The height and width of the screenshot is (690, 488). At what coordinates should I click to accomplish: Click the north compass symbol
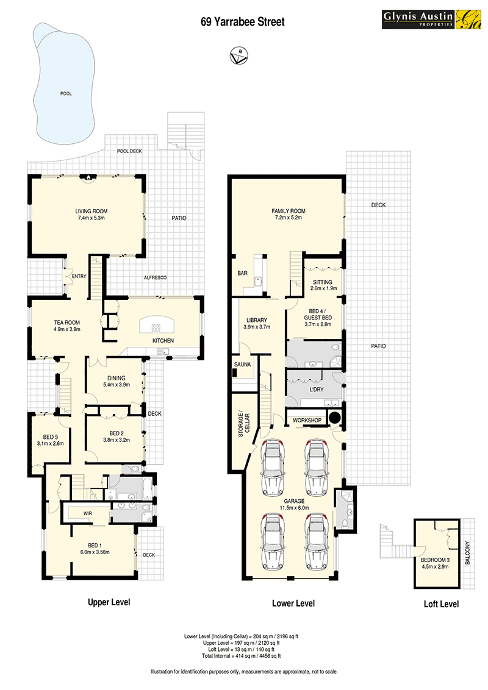239,55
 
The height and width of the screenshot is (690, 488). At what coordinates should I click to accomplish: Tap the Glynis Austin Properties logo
431,20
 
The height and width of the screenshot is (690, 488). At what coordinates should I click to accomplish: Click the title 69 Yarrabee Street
243,21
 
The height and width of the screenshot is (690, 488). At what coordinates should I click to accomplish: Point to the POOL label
66,94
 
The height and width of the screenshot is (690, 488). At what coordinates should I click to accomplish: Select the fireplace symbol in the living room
88,178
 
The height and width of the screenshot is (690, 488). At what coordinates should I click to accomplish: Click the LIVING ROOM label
91,212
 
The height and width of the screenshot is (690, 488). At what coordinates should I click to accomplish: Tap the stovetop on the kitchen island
156,327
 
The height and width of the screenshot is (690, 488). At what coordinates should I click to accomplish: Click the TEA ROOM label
67,322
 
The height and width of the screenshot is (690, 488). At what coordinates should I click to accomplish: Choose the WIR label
88,514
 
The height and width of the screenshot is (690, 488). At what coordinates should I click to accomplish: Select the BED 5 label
50,437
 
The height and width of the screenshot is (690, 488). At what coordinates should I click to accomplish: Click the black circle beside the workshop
335,417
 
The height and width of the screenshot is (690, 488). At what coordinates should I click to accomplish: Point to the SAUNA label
242,365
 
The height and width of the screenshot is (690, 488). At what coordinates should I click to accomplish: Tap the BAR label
242,273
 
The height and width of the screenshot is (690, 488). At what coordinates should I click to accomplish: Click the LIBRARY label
257,321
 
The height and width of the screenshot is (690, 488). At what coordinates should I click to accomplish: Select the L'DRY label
317,389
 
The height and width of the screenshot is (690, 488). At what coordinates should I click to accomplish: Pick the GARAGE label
294,501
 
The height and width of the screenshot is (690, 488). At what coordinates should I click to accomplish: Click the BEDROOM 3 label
435,560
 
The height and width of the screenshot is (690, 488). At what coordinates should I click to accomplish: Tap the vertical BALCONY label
467,553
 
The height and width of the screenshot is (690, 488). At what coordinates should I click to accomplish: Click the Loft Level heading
441,604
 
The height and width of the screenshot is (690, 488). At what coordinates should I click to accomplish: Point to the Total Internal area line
242,656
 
